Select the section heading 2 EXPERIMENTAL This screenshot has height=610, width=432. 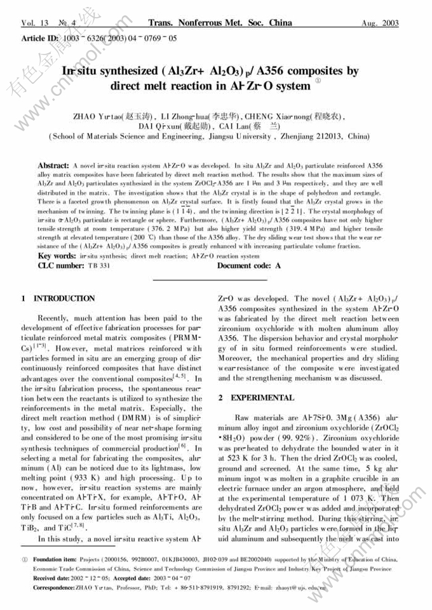[255, 398]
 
